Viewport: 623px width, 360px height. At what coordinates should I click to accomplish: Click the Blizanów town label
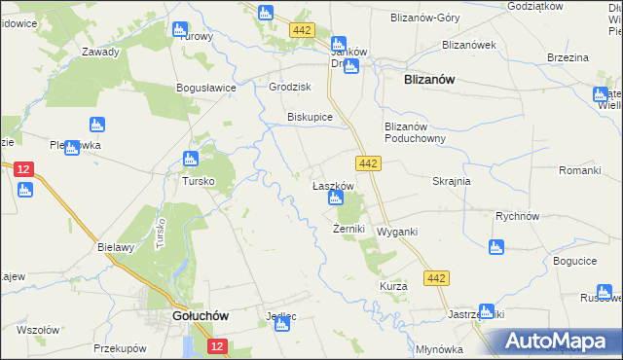[x=429, y=82]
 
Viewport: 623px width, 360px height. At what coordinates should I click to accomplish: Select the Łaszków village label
[x=331, y=185]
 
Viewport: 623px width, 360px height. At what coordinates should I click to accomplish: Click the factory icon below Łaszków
[x=336, y=199]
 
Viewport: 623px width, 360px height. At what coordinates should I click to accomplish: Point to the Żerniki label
[x=348, y=230]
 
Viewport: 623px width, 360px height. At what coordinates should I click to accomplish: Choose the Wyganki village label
[x=397, y=233]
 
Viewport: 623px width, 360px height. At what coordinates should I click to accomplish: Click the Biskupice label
[x=310, y=117]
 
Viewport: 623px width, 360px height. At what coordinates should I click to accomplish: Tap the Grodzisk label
[x=288, y=87]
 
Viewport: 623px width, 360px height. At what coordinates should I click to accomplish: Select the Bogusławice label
[x=206, y=88]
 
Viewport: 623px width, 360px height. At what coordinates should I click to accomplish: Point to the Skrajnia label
[x=451, y=181]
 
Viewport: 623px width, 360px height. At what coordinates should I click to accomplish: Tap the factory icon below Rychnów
[x=496, y=248]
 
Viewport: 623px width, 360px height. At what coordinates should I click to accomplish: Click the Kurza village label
[x=393, y=287]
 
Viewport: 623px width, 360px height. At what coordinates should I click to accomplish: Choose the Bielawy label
[x=115, y=247]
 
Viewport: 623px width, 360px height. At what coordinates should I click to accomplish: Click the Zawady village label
[x=101, y=53]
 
